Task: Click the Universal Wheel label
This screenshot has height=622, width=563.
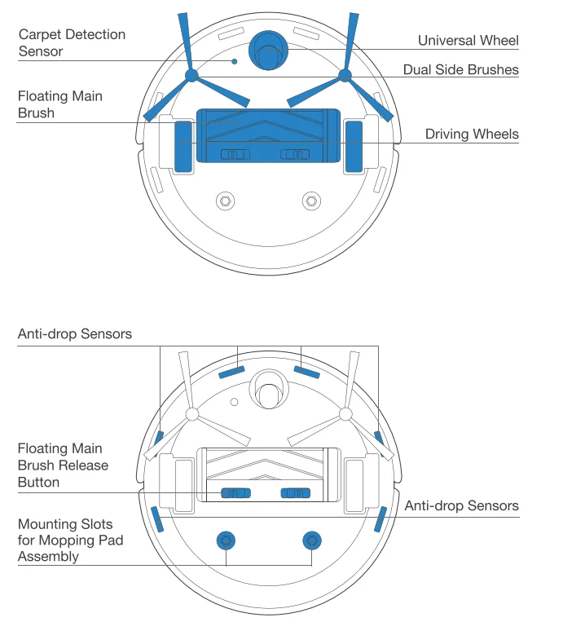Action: coord(468,41)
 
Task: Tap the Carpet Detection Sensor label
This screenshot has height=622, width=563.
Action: coord(72,43)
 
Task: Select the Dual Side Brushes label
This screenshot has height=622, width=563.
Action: coord(460,70)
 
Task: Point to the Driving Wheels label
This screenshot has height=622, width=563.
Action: coord(472,134)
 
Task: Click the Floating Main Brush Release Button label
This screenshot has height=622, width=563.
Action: coord(63,465)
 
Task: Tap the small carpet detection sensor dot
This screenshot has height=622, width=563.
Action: coord(234,61)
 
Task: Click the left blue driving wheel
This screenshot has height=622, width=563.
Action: coord(183,146)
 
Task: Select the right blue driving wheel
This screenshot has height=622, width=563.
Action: coord(354,146)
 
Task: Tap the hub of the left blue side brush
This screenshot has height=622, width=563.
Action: coord(191,76)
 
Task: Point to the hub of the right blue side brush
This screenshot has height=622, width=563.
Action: coord(345,76)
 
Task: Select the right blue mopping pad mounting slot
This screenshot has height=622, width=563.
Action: coord(310,540)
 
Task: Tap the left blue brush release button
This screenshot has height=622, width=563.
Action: coord(235,492)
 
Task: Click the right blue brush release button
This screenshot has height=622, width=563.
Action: coord(295,492)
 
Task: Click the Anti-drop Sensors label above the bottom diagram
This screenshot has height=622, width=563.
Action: coord(75,334)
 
